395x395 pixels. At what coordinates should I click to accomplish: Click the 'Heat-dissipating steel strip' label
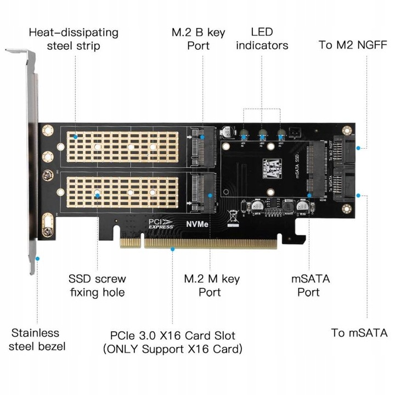[74, 39]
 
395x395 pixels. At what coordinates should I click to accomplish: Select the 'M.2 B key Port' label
[199, 39]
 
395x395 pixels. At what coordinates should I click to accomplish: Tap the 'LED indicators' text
[262, 39]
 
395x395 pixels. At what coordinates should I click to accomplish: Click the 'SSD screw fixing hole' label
[97, 285]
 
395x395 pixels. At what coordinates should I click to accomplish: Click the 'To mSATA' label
[359, 333]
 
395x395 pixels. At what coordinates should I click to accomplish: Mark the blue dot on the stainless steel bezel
[37, 258]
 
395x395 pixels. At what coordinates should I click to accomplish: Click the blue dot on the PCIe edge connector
[172, 249]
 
